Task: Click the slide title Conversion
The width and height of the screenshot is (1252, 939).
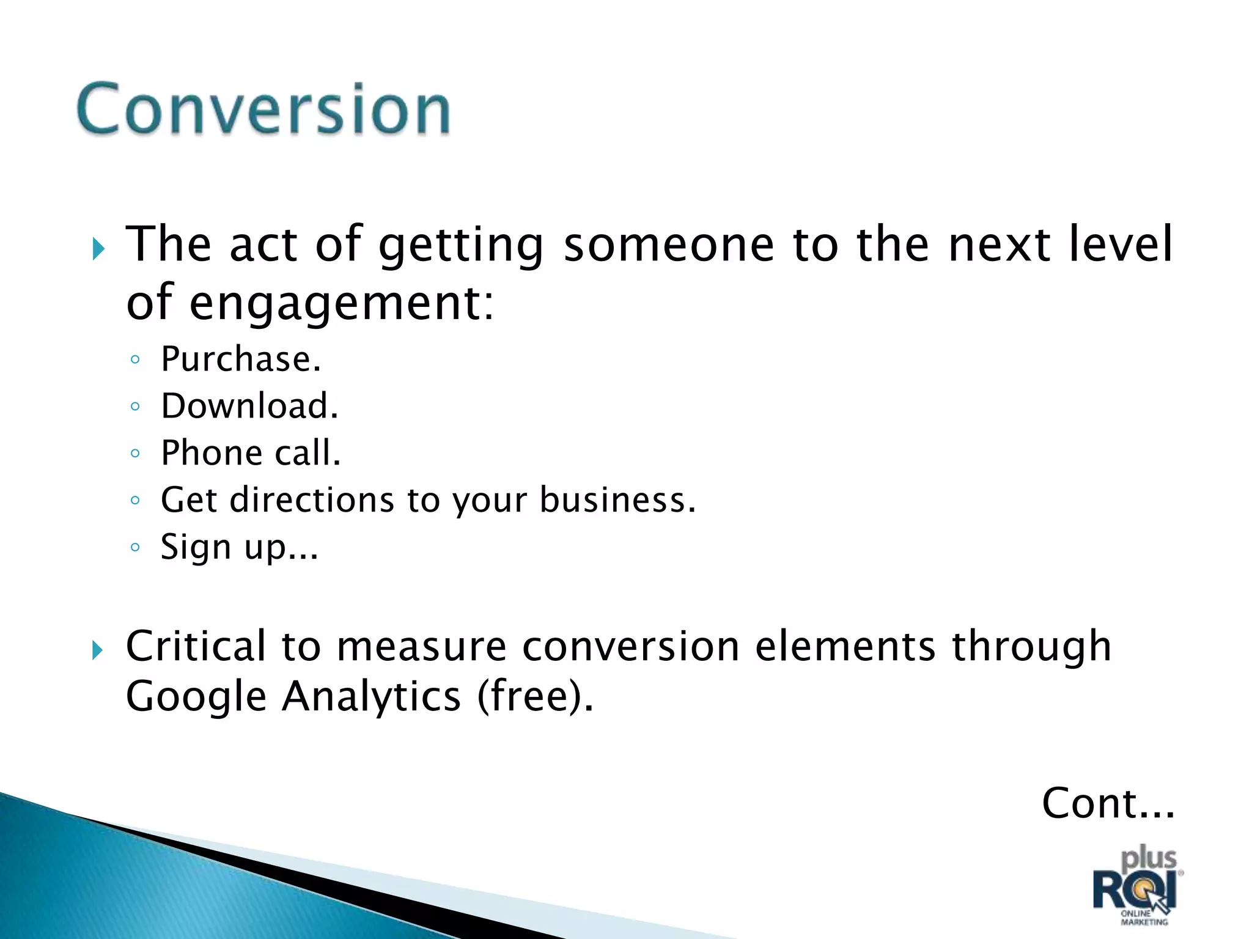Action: pyautogui.click(x=263, y=109)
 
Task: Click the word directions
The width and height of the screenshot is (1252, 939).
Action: pyautogui.click(x=312, y=499)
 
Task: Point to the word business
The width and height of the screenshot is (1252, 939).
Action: pyautogui.click(x=617, y=499)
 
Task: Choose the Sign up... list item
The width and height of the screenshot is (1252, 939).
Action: pyautogui.click(x=239, y=547)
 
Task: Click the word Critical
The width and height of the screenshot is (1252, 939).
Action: pyautogui.click(x=196, y=646)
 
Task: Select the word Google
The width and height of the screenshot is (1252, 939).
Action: pyautogui.click(x=196, y=696)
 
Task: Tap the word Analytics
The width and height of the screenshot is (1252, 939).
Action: pyautogui.click(x=370, y=696)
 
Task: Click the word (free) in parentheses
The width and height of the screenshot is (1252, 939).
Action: pyautogui.click(x=533, y=696)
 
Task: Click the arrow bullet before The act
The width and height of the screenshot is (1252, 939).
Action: pyautogui.click(x=98, y=249)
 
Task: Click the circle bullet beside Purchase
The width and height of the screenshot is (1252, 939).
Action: pyautogui.click(x=135, y=359)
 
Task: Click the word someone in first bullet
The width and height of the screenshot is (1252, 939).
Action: pyautogui.click(x=669, y=245)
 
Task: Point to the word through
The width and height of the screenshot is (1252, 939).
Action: pyautogui.click(x=1031, y=646)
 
